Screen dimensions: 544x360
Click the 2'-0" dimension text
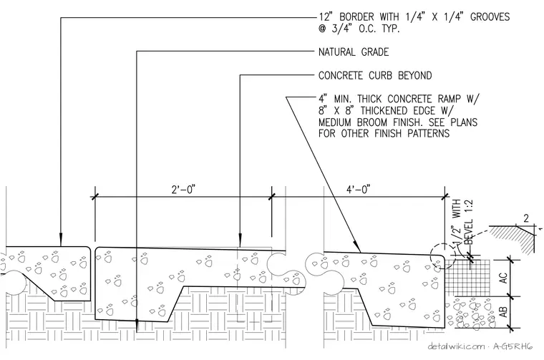183,190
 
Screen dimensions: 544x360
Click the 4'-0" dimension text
359,190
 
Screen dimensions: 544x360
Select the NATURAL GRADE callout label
354,52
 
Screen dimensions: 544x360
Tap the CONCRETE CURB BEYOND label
375,76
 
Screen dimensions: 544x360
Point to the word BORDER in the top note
356,16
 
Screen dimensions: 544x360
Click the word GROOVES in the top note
490,16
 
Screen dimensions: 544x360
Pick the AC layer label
503,278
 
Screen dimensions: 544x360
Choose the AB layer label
503,312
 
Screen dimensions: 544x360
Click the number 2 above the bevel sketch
526,218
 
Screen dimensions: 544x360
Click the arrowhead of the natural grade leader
137,326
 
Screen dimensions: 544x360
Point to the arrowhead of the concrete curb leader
240,242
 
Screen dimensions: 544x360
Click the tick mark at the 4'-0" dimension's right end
445,197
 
